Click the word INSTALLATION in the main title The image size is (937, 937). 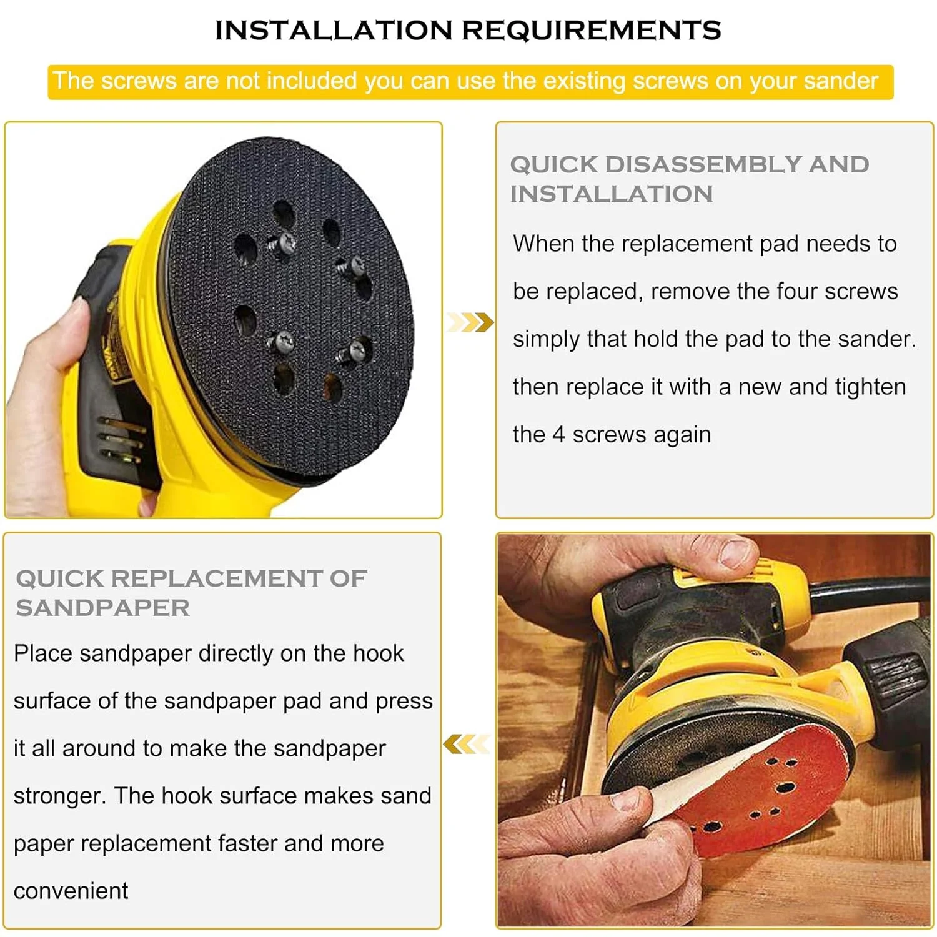coord(334,30)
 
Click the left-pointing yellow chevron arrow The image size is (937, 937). coord(466,744)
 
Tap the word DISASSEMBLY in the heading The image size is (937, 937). coord(703,164)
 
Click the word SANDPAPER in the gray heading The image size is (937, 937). coord(102,608)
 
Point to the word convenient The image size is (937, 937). coord(71,891)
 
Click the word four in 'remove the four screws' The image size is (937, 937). coord(793,291)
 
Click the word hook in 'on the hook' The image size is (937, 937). coord(378,653)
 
